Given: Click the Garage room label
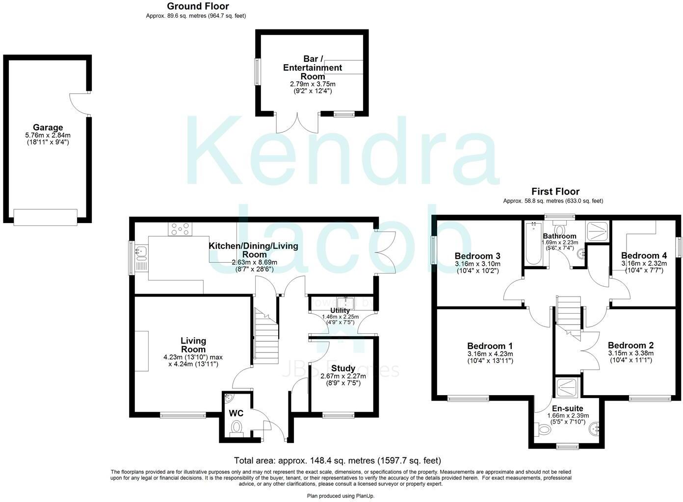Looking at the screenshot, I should pyautogui.click(x=48, y=127).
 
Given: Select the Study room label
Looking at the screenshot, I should pyautogui.click(x=343, y=368).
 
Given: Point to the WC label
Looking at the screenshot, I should pyautogui.click(x=236, y=413).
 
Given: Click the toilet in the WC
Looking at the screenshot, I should pyautogui.click(x=237, y=427).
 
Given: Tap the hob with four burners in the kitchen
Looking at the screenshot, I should pyautogui.click(x=181, y=228).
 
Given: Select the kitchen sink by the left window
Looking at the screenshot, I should pyautogui.click(x=142, y=252).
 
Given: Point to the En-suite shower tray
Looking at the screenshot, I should pyautogui.click(x=567, y=388).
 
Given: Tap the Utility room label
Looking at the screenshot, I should pyautogui.click(x=340, y=310).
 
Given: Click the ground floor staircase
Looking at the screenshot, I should pyautogui.click(x=266, y=334).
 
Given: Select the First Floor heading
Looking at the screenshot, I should pyautogui.click(x=555, y=192).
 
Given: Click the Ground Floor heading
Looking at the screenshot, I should pyautogui.click(x=198, y=6).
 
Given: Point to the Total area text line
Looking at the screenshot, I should pyautogui.click(x=337, y=460).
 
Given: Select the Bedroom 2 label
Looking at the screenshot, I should pyautogui.click(x=630, y=345).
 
